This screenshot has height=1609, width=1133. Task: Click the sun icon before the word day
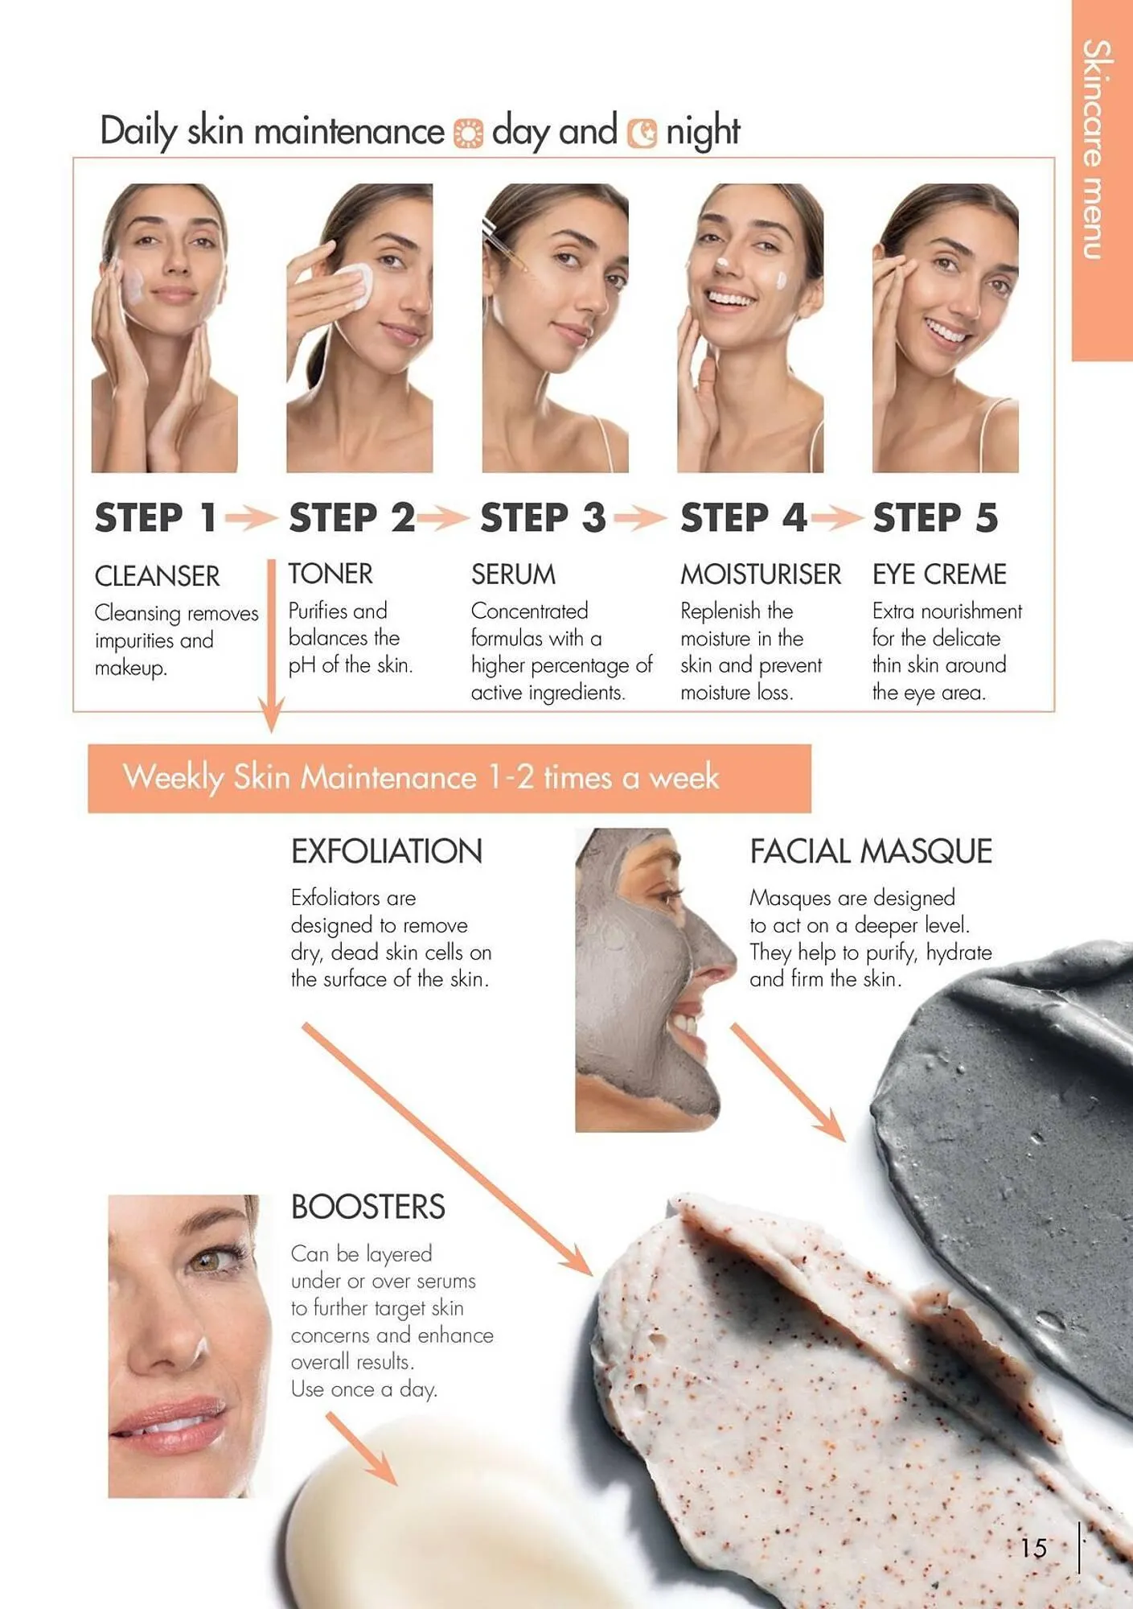[468, 134]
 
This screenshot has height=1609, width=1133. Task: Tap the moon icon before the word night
[642, 134]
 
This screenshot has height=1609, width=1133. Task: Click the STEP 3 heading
[543, 517]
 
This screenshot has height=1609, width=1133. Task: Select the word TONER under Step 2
[330, 574]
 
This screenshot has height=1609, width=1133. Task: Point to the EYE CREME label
[939, 574]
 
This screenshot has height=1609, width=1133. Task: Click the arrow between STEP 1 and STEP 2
[251, 517]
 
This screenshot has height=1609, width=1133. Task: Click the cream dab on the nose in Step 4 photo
[721, 262]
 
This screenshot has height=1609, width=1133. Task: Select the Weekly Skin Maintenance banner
[449, 778]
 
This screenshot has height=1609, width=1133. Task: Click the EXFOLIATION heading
[387, 851]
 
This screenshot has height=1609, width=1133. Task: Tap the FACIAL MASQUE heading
[871, 851]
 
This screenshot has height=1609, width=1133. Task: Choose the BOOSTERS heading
[367, 1207]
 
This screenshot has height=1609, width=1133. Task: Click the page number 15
[1034, 1547]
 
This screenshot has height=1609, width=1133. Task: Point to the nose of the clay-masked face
[716, 957]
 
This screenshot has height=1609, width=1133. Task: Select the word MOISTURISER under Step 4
[761, 574]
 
